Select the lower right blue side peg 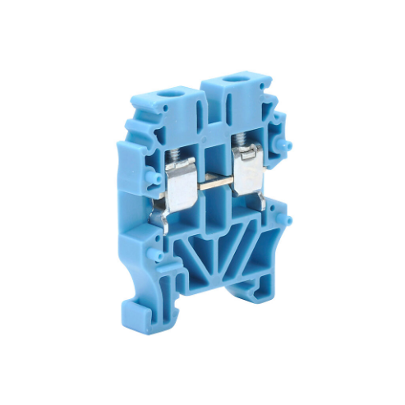coord(287,220)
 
